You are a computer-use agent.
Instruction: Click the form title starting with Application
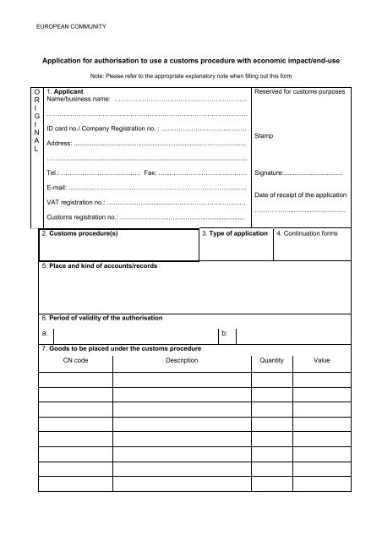point(190,62)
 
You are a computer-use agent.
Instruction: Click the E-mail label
point(59,187)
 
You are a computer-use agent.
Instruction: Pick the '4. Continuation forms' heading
point(312,232)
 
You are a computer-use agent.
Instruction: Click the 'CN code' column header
point(76,360)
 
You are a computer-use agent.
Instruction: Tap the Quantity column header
point(268,360)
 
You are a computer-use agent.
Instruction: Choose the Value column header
point(321,360)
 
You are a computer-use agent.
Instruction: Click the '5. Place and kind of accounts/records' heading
point(100,266)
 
